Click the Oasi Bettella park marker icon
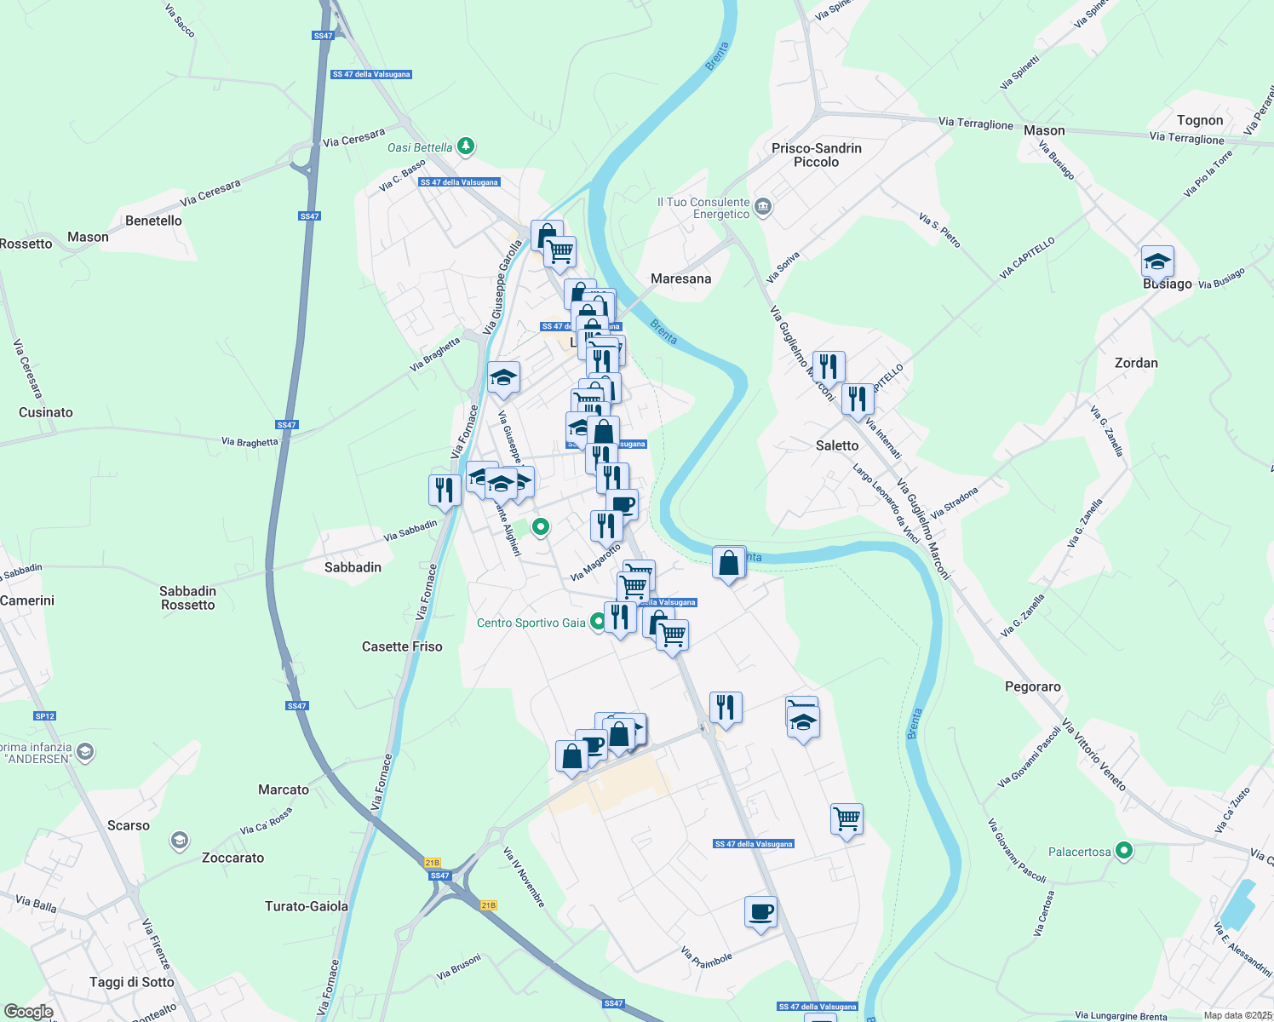tap(466, 146)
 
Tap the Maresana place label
tap(680, 278)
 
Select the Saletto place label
tap(837, 445)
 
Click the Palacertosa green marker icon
tap(1124, 851)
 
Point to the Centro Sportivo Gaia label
tap(531, 623)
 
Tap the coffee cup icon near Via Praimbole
tap(760, 912)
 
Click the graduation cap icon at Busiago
tap(1157, 261)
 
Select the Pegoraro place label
tap(1032, 686)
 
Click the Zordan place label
tap(1136, 363)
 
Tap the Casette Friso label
tap(402, 646)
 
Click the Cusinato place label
tap(46, 412)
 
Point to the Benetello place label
tap(153, 221)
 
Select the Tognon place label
tap(1199, 120)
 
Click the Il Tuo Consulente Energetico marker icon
tap(763, 207)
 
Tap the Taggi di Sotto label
tap(131, 982)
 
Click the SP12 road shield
tap(45, 716)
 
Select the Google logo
tap(29, 1012)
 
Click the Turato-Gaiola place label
tap(307, 906)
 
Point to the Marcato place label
tap(284, 789)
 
